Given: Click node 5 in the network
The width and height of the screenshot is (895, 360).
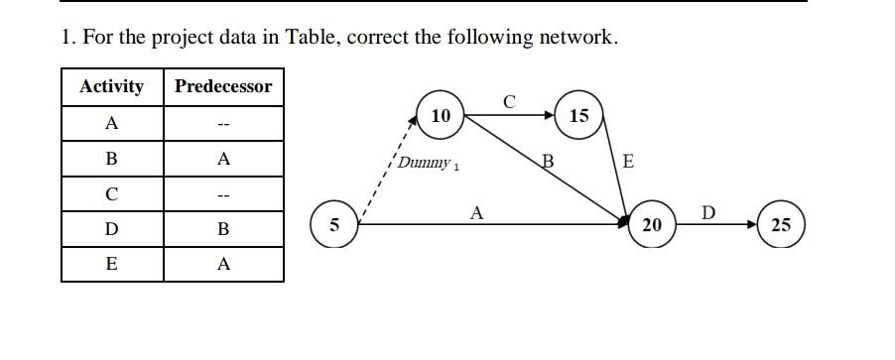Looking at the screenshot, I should [334, 224].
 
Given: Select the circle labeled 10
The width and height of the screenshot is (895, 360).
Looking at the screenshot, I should [442, 116].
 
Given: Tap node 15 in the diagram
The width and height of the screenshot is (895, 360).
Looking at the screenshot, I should [579, 116].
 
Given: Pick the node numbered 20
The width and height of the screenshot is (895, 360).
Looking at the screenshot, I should [651, 225].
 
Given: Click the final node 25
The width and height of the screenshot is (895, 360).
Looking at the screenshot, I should [781, 225].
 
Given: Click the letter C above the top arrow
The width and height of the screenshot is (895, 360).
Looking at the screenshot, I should [510, 101].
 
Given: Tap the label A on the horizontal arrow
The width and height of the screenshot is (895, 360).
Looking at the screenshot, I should [476, 211].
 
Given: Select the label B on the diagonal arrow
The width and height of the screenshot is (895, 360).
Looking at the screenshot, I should [547, 162].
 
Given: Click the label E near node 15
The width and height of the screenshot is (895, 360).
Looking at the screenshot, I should [627, 162].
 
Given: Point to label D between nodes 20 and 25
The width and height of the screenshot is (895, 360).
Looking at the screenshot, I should [707, 212].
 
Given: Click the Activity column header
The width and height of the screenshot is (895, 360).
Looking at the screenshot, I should [112, 86].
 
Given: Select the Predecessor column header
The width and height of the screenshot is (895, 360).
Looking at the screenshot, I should [223, 86].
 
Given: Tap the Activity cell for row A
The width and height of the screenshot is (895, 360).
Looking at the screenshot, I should [112, 123].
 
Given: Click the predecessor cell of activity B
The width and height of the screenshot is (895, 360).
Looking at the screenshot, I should [223, 159].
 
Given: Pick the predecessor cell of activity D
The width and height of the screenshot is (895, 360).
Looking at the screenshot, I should [223, 229].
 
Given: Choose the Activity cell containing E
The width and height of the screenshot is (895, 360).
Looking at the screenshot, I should [112, 264].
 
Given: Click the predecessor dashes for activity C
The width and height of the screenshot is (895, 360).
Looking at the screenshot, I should [223, 194].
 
